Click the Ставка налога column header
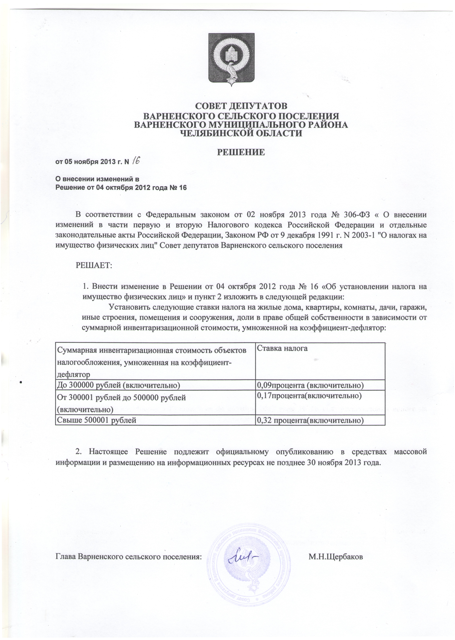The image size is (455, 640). click(x=282, y=349)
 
